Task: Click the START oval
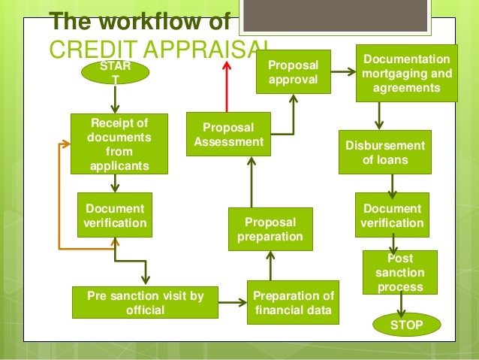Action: (114, 73)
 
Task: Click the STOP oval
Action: (406, 325)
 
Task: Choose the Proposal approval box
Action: (294, 72)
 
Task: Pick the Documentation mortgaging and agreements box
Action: (407, 74)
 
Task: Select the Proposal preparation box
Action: (270, 229)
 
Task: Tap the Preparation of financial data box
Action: (294, 302)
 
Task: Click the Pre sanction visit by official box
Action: (146, 302)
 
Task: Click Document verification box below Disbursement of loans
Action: (392, 215)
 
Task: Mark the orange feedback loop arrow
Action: (60, 195)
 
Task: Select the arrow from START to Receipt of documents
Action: (114, 99)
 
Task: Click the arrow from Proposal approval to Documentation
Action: (344, 73)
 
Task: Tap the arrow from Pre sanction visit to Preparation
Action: (233, 302)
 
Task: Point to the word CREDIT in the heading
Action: (82, 49)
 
